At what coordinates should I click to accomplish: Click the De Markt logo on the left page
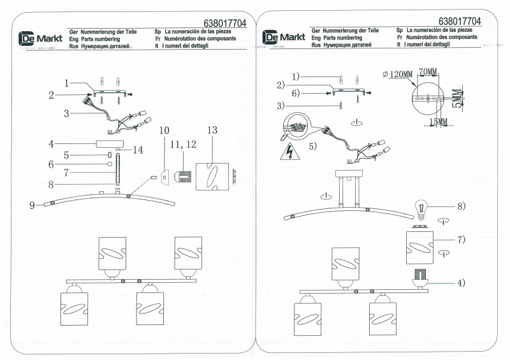32,40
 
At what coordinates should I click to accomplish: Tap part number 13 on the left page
212,130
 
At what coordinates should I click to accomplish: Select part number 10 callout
164,130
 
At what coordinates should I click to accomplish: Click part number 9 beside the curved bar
31,205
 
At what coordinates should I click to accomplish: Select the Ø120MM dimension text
396,74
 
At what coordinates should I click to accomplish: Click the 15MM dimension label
438,121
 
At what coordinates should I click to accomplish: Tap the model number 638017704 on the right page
460,21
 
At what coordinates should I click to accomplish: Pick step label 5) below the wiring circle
312,146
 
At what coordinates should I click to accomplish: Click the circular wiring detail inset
296,126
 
